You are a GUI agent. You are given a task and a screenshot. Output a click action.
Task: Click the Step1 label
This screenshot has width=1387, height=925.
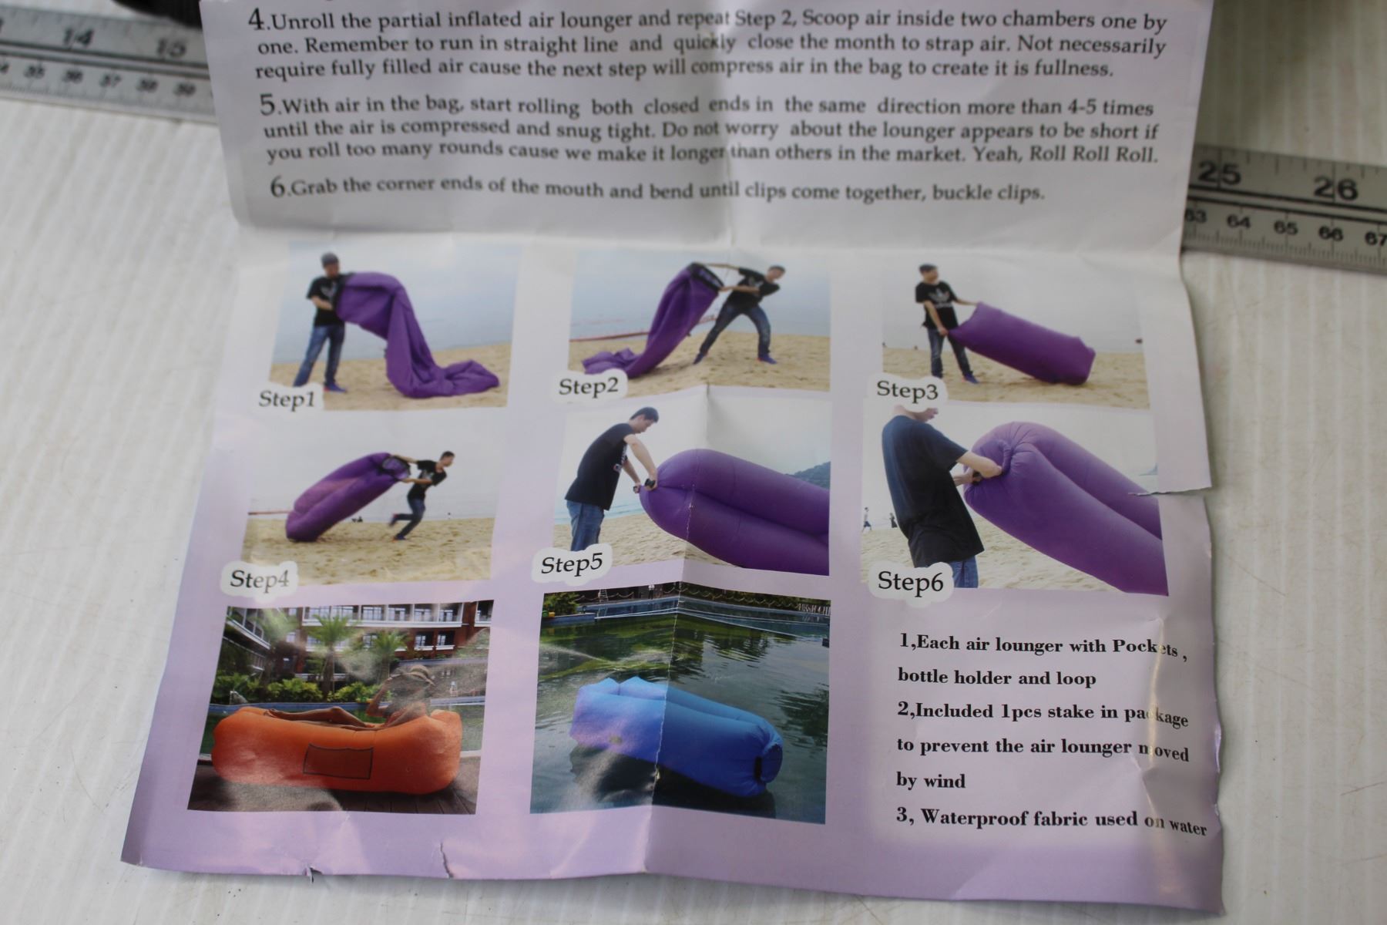287,399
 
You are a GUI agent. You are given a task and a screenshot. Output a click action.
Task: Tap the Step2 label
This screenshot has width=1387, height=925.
589,385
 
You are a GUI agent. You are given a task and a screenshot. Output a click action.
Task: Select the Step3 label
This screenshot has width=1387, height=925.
908,390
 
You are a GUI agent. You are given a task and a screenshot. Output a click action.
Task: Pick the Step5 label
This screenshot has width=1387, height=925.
571,564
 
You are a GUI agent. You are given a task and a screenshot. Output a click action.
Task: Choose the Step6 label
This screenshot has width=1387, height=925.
910,581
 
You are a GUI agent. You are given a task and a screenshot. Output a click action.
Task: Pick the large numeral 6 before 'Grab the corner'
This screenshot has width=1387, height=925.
277,187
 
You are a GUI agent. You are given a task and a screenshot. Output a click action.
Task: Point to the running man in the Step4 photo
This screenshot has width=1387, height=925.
421,493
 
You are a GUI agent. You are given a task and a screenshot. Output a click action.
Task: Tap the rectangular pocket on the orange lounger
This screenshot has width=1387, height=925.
338,762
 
